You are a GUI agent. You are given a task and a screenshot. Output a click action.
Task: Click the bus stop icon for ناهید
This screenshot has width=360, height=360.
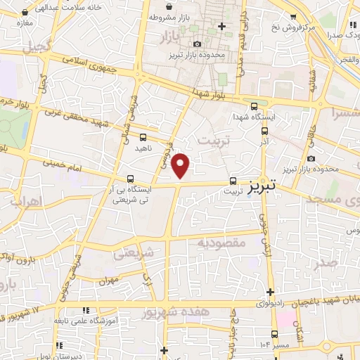point(143,138)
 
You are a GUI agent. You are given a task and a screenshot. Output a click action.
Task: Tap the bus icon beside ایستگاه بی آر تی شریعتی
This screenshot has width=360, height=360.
point(131,179)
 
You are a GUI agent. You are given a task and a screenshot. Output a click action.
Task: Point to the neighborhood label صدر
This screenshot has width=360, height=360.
point(328,264)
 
